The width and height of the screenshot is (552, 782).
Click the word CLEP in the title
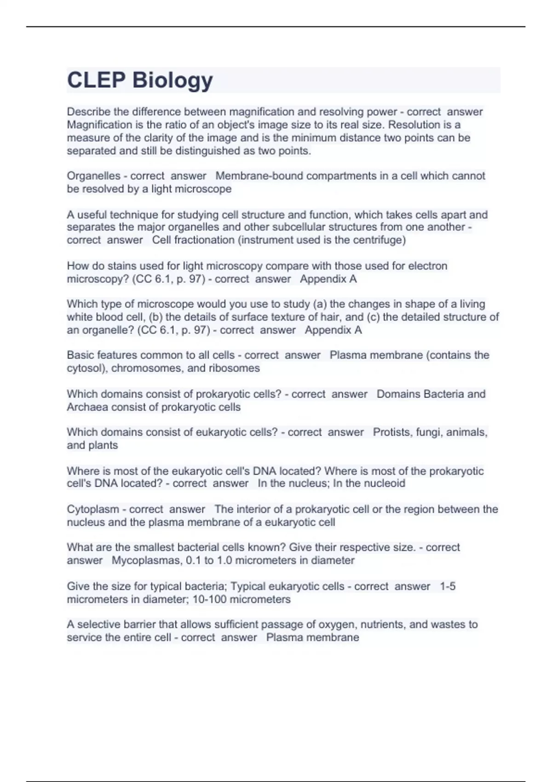coord(96,80)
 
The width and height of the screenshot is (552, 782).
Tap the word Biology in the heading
coord(172,81)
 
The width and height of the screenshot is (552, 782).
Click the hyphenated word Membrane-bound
coord(254,176)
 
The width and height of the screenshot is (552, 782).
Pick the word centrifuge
coord(380,240)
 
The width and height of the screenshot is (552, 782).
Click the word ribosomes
coord(234,368)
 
